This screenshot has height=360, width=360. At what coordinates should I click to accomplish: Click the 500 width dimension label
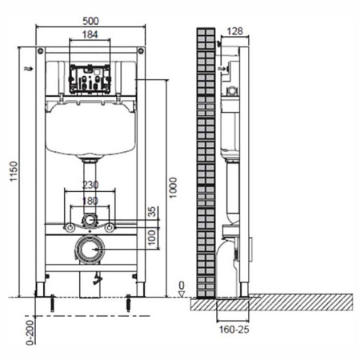(x=90, y=21)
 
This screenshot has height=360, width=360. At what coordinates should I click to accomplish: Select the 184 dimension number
(x=90, y=34)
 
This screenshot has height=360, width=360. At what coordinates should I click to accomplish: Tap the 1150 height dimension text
(x=14, y=171)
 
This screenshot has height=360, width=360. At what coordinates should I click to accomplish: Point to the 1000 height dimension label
(x=173, y=187)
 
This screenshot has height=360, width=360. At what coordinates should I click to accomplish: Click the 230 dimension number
(x=90, y=185)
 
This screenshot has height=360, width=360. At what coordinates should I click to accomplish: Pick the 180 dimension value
(x=90, y=201)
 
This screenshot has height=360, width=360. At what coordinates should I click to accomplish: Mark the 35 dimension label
(x=152, y=212)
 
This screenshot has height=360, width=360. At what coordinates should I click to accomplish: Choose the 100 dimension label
(x=152, y=238)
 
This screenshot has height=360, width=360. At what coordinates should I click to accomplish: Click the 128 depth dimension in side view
(x=235, y=31)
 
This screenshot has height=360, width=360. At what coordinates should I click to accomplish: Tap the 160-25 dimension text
(x=234, y=330)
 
